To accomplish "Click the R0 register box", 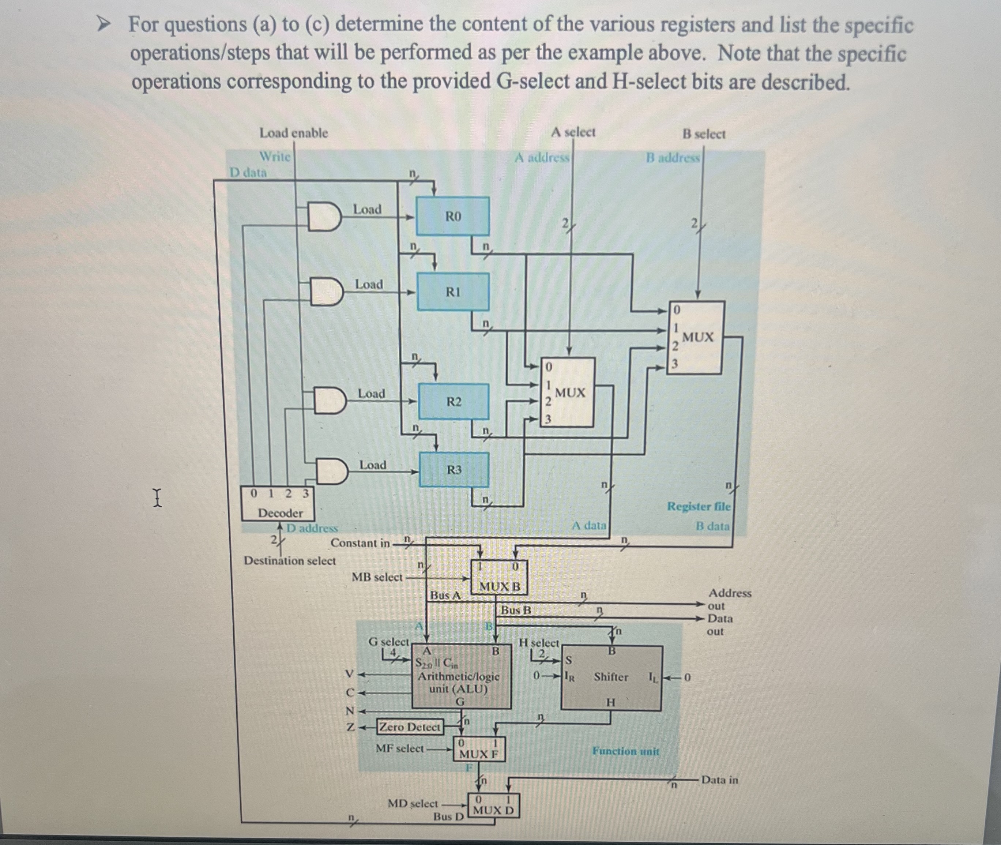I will (453, 216).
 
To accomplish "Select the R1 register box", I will (453, 292).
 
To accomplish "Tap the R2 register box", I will (454, 401).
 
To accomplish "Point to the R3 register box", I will (454, 470).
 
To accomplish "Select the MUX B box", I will (499, 578).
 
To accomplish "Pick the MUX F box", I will (478, 749).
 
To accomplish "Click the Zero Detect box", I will (410, 727).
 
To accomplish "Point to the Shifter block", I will (611, 678).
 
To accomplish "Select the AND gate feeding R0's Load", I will (324, 217).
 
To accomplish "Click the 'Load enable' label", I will (294, 133).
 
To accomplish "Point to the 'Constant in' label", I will (360, 543).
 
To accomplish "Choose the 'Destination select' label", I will (290, 560).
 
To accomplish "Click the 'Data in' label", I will (719, 780).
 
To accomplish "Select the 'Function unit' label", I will (625, 751).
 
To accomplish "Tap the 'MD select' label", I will (413, 803).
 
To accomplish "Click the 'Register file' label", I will (699, 506).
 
